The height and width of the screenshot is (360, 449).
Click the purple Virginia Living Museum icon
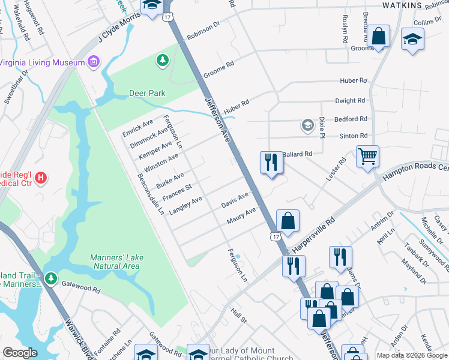(92, 62)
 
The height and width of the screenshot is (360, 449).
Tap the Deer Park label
(147, 93)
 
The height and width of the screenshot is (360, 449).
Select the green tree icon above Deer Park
(161, 59)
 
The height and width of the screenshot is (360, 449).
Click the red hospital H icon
(41, 178)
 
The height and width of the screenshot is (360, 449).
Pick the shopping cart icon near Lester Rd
(367, 157)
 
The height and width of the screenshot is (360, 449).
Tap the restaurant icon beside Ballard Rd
(271, 162)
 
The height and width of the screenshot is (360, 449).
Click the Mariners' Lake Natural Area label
(117, 262)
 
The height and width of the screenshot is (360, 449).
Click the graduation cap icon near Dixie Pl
(308, 125)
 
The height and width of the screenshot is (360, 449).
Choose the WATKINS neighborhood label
(402, 5)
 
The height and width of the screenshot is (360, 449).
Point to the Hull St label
(239, 315)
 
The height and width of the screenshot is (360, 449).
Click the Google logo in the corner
(20, 353)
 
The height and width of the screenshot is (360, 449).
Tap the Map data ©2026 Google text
(411, 355)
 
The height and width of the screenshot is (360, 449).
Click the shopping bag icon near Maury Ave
(288, 220)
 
